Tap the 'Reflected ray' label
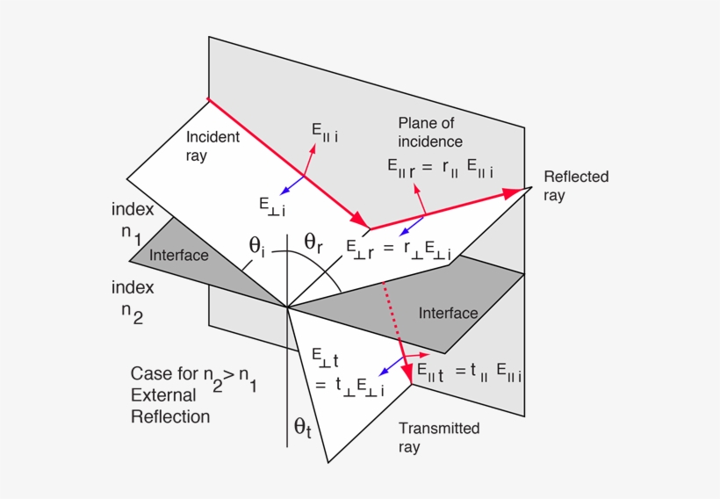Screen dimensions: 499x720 click(x=575, y=185)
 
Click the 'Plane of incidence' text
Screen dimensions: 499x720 click(x=429, y=132)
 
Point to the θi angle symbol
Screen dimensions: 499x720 click(x=257, y=245)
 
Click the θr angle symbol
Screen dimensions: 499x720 click(x=313, y=242)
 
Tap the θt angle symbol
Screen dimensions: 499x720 click(x=303, y=428)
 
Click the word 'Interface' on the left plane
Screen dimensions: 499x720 click(x=179, y=255)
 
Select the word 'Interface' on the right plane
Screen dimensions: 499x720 click(x=448, y=313)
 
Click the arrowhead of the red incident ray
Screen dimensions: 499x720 click(x=358, y=219)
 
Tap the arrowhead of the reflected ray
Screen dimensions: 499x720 click(x=522, y=190)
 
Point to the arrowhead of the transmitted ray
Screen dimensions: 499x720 click(x=409, y=375)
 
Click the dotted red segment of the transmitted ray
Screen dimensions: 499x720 click(x=392, y=316)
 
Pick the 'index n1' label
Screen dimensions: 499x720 click(x=133, y=222)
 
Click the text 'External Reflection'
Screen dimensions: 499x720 click(x=170, y=406)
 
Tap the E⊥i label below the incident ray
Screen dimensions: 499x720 click(x=271, y=204)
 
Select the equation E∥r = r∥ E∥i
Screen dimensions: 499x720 click(x=440, y=167)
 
